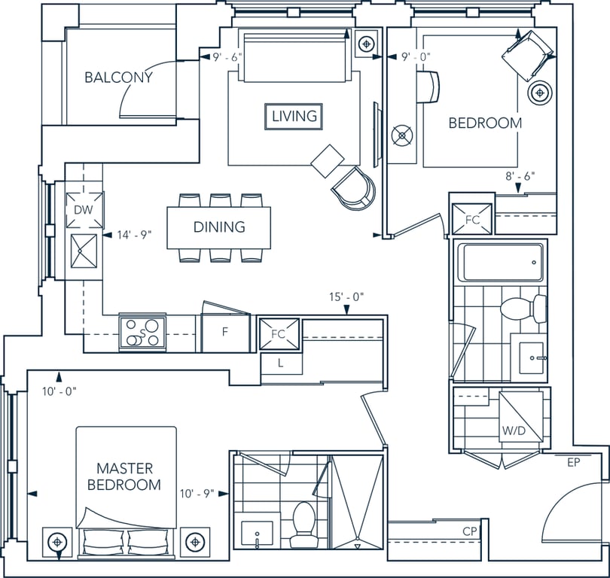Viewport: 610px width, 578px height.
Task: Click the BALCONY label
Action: pyautogui.click(x=119, y=78)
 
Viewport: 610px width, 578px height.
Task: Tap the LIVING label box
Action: pyautogui.click(x=294, y=116)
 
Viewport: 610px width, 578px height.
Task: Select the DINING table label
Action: pyautogui.click(x=219, y=227)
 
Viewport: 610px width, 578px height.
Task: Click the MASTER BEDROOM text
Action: pyautogui.click(x=124, y=476)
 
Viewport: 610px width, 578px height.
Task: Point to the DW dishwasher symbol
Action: pyautogui.click(x=84, y=210)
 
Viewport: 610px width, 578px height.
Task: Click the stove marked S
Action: pyautogui.click(x=142, y=333)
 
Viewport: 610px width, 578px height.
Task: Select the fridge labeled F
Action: pyautogui.click(x=225, y=333)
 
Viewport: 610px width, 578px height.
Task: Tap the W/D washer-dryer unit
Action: pyautogui.click(x=521, y=417)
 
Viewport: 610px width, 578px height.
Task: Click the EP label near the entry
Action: pyautogui.click(x=573, y=462)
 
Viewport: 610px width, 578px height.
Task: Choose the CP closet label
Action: pyautogui.click(x=470, y=531)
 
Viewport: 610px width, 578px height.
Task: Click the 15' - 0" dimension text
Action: pyautogui.click(x=346, y=297)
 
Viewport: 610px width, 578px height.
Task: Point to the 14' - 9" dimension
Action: pyautogui.click(x=134, y=235)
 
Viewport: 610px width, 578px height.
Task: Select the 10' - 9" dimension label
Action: pyautogui.click(x=197, y=494)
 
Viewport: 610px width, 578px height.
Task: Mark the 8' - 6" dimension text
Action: pyautogui.click(x=520, y=176)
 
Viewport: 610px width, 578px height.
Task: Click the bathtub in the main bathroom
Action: pyautogui.click(x=501, y=263)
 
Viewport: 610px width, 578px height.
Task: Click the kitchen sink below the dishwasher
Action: pyautogui.click(x=84, y=251)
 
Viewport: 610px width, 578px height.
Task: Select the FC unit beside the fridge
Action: pyautogui.click(x=279, y=333)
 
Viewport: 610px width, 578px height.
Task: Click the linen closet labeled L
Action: pyautogui.click(x=281, y=364)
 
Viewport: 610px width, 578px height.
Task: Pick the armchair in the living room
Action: pyautogui.click(x=354, y=187)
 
